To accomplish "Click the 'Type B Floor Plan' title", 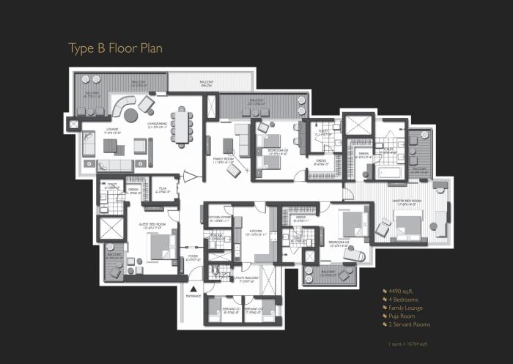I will [x=115, y=48].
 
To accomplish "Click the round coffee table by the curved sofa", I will [x=130, y=116].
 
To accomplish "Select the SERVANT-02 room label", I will [x=254, y=310].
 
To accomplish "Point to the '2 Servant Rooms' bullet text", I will [x=410, y=324].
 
